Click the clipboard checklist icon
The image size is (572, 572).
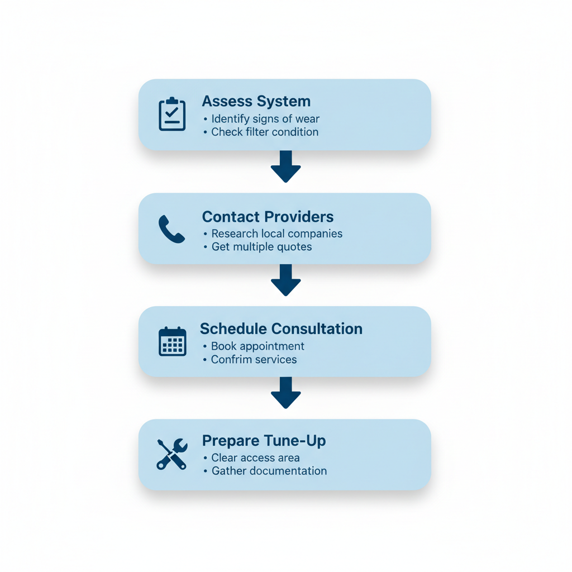pyautogui.click(x=172, y=115)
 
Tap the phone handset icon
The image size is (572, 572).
pyautogui.click(x=171, y=229)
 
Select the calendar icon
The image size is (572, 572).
pyautogui.click(x=172, y=341)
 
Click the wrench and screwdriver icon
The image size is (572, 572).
pyautogui.click(x=171, y=454)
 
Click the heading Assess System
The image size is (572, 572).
pyautogui.click(x=256, y=102)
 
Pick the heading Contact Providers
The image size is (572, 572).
pyautogui.click(x=268, y=217)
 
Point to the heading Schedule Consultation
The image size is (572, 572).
pyautogui.click(x=281, y=329)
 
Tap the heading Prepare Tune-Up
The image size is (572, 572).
pyautogui.click(x=264, y=441)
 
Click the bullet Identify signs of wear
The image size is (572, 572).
pyautogui.click(x=265, y=119)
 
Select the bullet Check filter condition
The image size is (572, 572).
pyautogui.click(x=264, y=132)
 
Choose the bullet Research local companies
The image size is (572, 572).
pyautogui.click(x=277, y=233)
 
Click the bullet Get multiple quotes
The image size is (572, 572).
pyautogui.click(x=261, y=247)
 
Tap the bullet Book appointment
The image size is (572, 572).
pyautogui.click(x=257, y=346)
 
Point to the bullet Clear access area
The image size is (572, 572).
pyautogui.click(x=255, y=458)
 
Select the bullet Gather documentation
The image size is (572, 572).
pyautogui.click(x=269, y=471)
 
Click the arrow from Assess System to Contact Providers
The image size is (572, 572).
pyautogui.click(x=285, y=166)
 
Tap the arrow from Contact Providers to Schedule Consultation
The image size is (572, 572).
pyautogui.click(x=285, y=280)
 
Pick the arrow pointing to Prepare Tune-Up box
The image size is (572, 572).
pyautogui.click(x=285, y=393)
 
